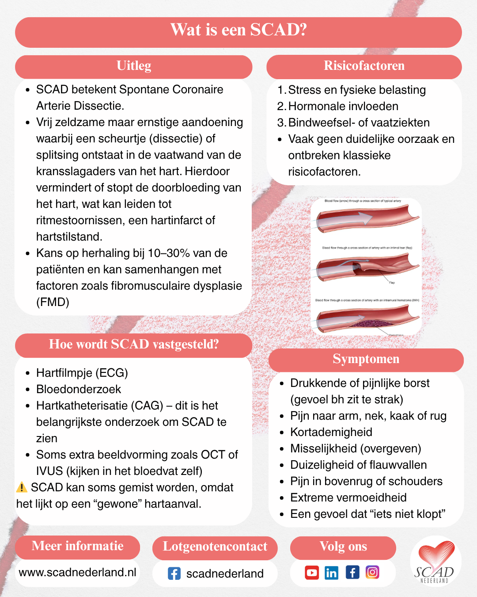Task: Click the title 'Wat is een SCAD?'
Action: pos(238,30)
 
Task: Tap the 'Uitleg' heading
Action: pos(134,66)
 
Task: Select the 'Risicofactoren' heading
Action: pos(364,66)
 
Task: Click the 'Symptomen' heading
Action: pos(366,359)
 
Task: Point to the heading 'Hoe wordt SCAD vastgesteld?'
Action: pos(134,344)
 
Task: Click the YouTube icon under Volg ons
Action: pos(312,573)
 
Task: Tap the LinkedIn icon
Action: pos(331,573)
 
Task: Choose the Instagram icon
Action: pos(372,572)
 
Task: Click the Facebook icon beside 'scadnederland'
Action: pos(174,574)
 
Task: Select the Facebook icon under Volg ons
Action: pos(352,572)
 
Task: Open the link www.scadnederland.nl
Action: pos(77,572)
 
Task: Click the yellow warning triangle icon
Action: pos(22,487)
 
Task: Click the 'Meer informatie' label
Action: pos(77,546)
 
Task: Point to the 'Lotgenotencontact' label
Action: pos(215,547)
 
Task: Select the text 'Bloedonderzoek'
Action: pos(79,389)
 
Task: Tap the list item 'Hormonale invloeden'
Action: pos(343,106)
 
